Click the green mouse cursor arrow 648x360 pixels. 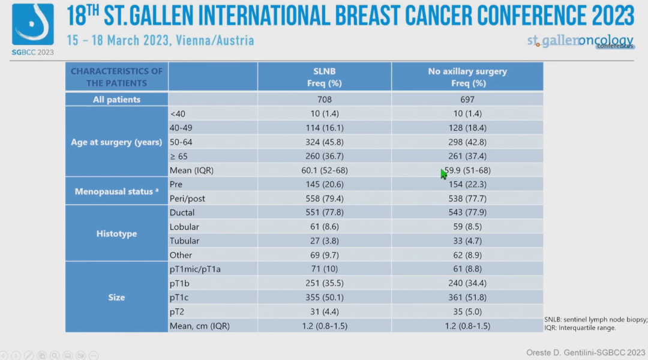click(x=444, y=174)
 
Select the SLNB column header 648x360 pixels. click(x=325, y=77)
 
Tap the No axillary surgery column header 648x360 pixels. click(x=467, y=77)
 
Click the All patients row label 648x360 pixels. click(x=116, y=100)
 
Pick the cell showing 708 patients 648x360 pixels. click(x=325, y=100)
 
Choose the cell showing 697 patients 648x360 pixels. click(x=467, y=100)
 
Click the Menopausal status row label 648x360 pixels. click(x=116, y=191)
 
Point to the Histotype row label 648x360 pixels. click(x=116, y=233)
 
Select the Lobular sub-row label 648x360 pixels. click(x=184, y=227)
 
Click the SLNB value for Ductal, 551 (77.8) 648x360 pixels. click(x=325, y=212)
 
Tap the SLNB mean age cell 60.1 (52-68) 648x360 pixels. click(x=325, y=170)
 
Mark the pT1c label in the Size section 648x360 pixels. click(x=181, y=297)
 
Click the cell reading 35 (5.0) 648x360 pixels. click(x=467, y=311)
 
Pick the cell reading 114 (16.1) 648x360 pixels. click(x=325, y=128)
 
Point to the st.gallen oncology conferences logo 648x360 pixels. click(x=580, y=41)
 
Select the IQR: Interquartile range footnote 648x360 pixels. click(x=580, y=328)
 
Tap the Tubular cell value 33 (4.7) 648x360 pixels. click(x=467, y=241)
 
